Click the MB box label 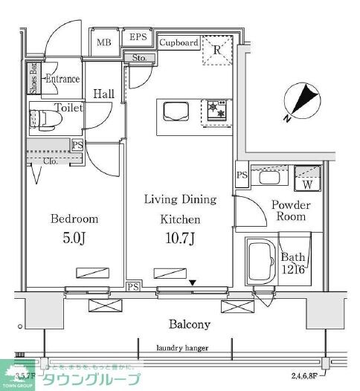click(103, 42)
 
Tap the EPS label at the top click(138, 37)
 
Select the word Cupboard click(179, 42)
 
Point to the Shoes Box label click(33, 78)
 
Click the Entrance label click(62, 78)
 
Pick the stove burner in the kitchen click(217, 111)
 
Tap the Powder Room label click(290, 210)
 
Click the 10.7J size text click(179, 239)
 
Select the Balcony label click(188, 324)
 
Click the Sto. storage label click(139, 57)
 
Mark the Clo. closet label click(50, 161)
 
